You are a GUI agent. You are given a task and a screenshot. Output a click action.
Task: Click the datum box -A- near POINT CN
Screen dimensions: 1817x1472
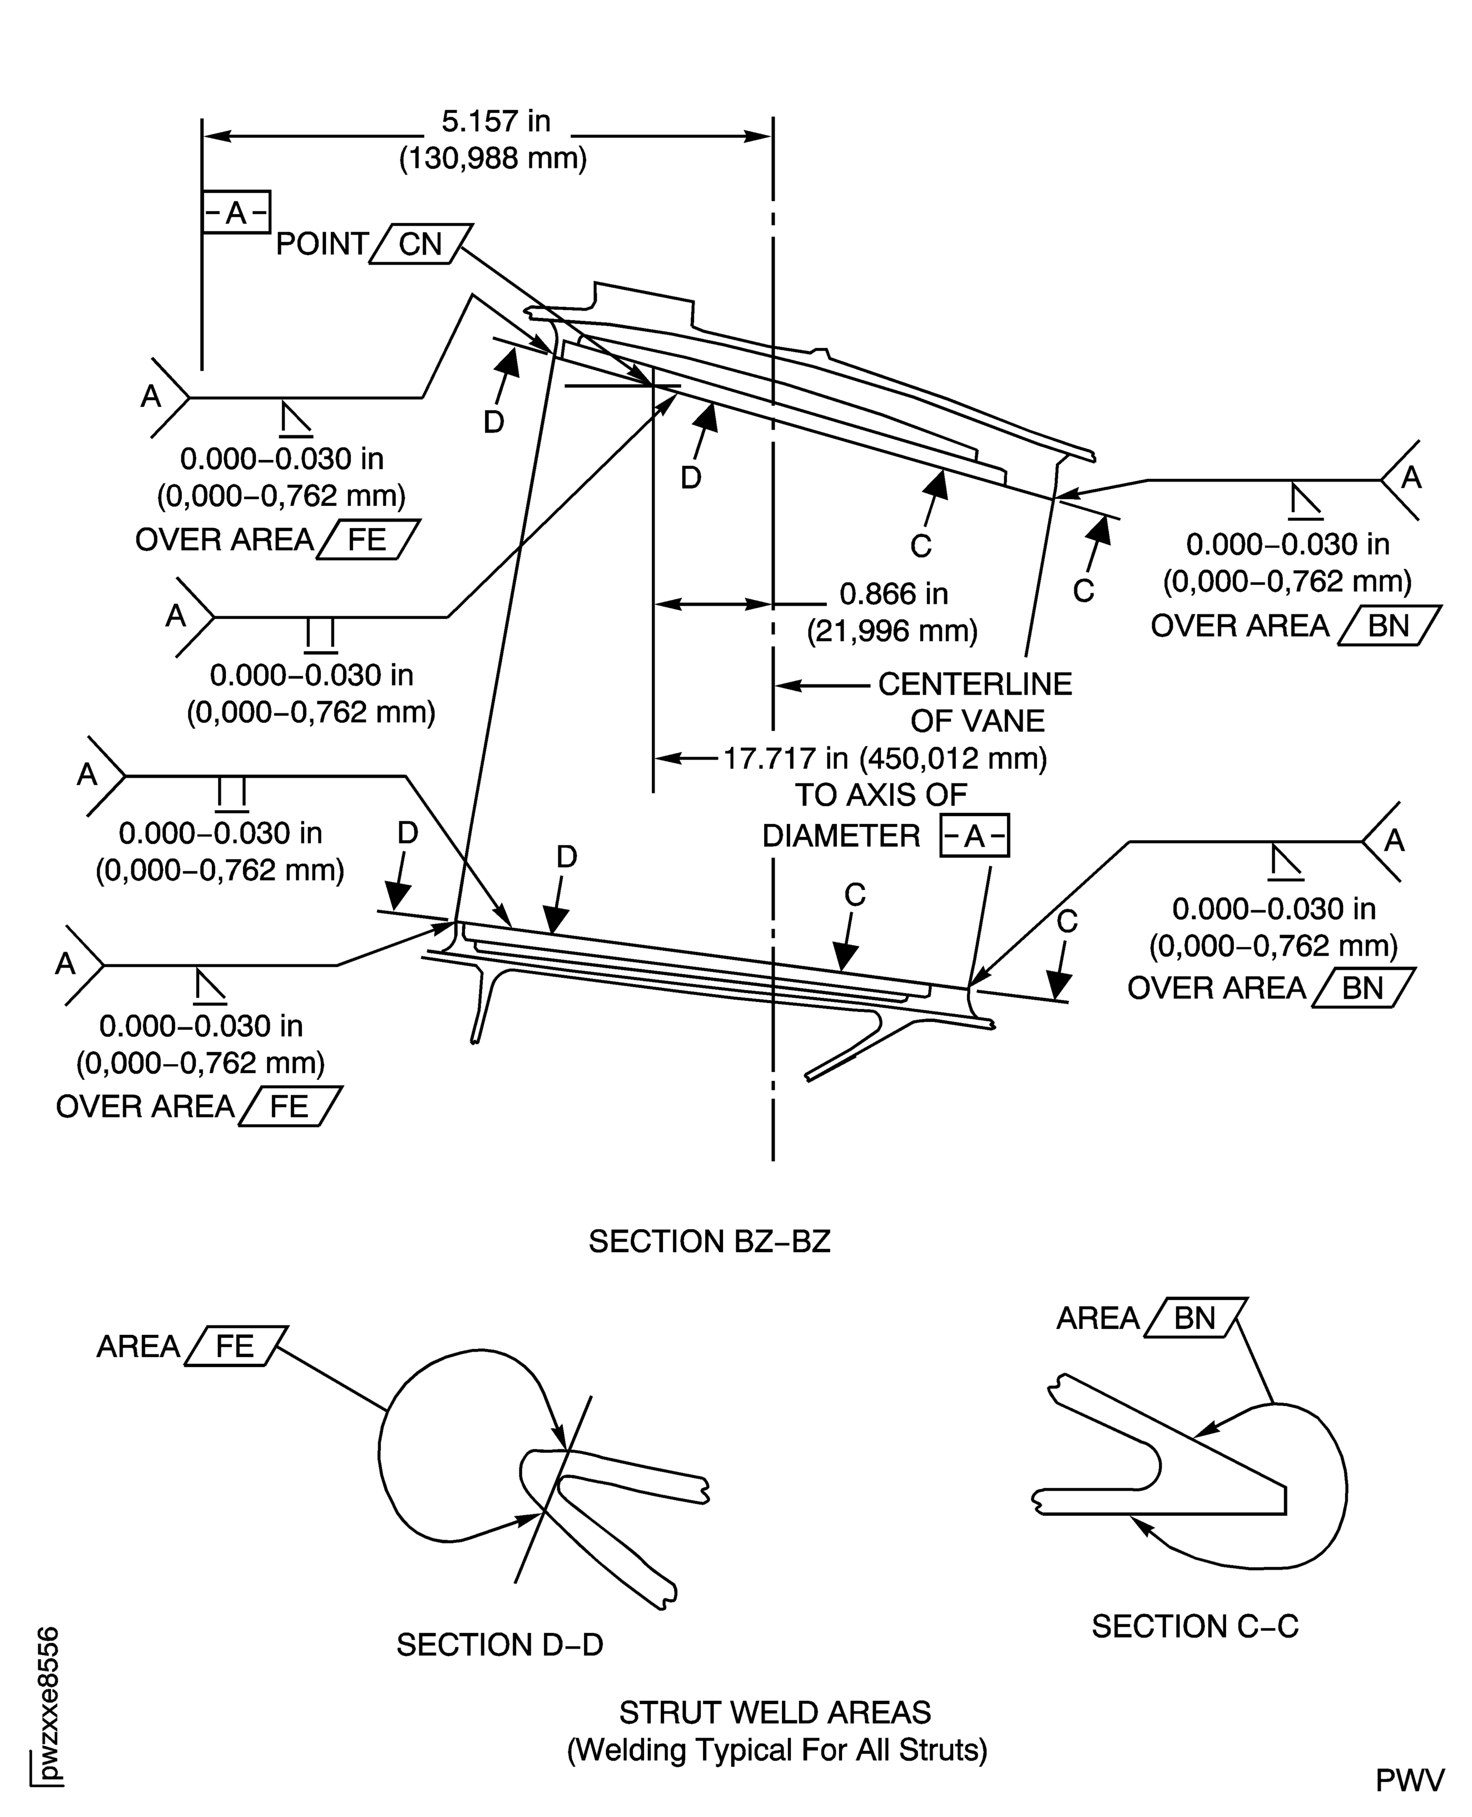[x=236, y=212]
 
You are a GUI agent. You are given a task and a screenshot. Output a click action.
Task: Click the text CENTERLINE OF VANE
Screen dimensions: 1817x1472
[x=975, y=702]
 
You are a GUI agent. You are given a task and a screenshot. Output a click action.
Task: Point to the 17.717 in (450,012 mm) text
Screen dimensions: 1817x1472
[x=884, y=758]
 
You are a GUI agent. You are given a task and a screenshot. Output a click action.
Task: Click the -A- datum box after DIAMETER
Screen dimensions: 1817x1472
[x=974, y=837]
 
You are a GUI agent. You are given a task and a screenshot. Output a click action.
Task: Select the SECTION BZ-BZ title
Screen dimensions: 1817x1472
[x=709, y=1242]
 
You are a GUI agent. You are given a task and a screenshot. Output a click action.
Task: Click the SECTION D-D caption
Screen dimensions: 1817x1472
[x=499, y=1645]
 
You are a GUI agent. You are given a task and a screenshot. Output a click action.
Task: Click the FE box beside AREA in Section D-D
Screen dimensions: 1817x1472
[x=235, y=1347]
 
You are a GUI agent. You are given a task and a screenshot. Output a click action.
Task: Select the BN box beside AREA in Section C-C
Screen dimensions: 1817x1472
[x=1195, y=1318]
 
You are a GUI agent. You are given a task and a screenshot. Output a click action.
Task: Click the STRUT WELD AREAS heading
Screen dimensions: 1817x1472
[x=775, y=1712]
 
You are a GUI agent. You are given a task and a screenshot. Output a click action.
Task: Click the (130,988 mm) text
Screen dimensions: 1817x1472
[x=493, y=158]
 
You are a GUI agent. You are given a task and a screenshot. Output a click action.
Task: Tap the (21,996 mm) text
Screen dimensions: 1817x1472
[x=892, y=632]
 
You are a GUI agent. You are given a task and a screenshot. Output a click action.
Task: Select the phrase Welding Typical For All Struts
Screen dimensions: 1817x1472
[x=777, y=1750]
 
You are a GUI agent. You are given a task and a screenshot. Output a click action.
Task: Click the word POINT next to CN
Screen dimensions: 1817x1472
[x=321, y=244]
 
